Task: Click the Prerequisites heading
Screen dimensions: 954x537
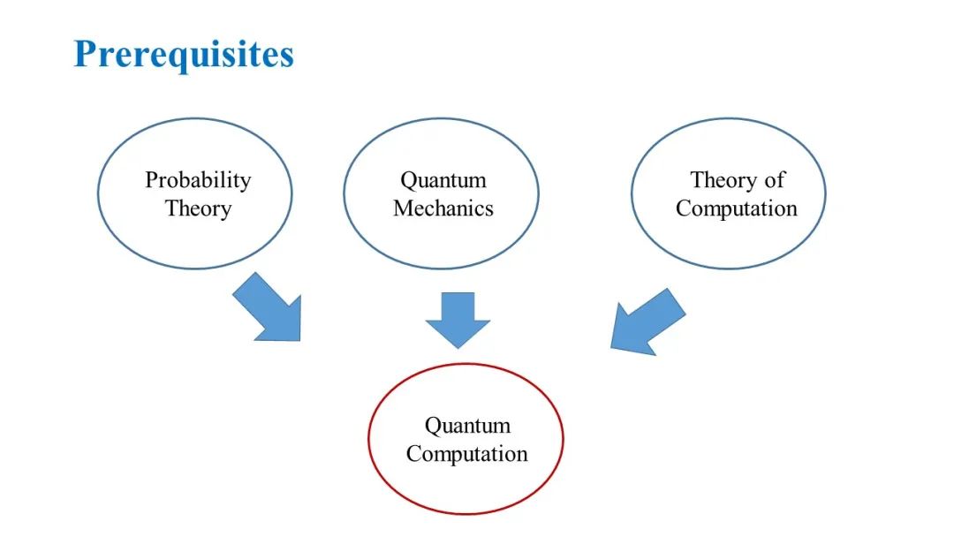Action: tap(184, 55)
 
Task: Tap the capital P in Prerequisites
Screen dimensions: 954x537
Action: tap(86, 54)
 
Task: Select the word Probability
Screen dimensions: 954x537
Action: tap(198, 180)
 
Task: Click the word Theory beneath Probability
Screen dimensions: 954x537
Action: tap(198, 209)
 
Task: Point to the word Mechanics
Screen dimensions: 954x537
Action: tap(443, 209)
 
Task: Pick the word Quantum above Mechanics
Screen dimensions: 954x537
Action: tap(443, 180)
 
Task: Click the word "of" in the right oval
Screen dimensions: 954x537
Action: tap(774, 180)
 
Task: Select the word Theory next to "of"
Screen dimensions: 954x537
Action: tap(723, 180)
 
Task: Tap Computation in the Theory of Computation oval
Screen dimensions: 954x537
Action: tap(737, 209)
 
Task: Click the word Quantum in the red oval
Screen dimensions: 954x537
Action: tap(467, 426)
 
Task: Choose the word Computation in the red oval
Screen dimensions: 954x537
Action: tap(467, 455)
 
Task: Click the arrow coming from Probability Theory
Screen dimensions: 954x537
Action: tap(270, 308)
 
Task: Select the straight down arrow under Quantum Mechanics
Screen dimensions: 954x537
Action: tap(458, 318)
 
